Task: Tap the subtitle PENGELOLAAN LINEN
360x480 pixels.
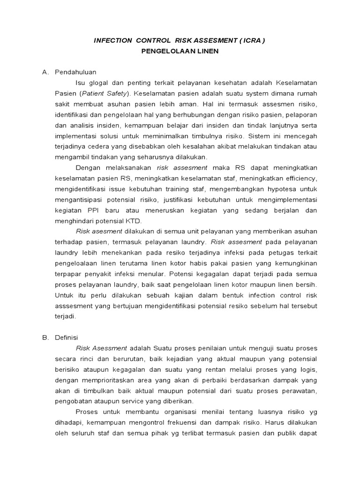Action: click(x=180, y=52)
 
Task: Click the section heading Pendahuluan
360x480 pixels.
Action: click(x=75, y=72)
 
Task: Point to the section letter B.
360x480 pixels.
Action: click(x=45, y=337)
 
